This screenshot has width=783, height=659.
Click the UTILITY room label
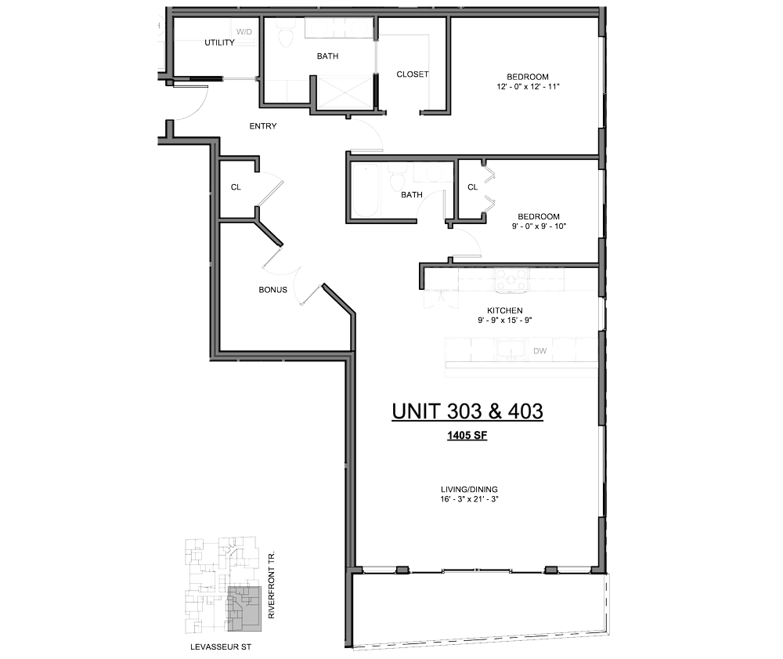click(219, 43)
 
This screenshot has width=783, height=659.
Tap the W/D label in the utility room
click(245, 32)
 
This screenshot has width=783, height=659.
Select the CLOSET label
click(413, 74)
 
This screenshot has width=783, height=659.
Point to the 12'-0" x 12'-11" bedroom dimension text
click(524, 87)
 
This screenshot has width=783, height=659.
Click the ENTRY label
click(263, 126)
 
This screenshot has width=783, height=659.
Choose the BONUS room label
click(273, 290)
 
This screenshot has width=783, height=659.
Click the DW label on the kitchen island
click(539, 352)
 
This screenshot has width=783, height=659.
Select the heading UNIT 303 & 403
click(467, 411)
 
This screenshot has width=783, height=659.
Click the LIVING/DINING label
click(470, 490)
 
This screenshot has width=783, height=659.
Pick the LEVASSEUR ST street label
click(221, 648)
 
